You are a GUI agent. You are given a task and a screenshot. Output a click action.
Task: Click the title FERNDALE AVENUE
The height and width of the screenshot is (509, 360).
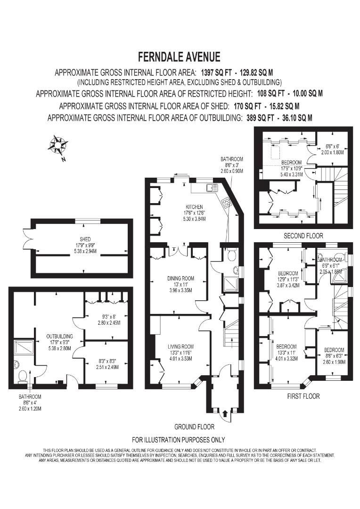179,57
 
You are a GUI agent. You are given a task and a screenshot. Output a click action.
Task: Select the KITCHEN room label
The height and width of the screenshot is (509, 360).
194,207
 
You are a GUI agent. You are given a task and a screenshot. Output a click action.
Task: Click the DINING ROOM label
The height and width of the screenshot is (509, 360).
180,278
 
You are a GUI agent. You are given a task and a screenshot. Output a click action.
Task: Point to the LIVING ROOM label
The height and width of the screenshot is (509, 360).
180,346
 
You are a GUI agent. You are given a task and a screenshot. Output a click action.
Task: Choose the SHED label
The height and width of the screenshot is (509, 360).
85,239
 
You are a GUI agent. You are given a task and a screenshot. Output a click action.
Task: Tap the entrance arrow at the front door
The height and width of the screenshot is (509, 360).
224,413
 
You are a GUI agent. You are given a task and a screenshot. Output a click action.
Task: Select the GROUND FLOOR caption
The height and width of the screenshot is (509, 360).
194,427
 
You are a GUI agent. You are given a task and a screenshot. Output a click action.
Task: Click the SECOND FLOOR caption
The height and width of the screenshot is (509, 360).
303,235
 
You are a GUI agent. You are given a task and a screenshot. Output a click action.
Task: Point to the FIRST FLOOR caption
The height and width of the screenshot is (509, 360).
303,396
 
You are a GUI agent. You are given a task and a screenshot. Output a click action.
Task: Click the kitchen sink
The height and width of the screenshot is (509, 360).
210,188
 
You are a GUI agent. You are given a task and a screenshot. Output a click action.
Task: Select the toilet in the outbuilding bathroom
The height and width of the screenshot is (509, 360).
22,375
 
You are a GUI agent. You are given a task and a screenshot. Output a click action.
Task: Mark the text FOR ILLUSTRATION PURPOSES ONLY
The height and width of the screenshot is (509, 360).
178,440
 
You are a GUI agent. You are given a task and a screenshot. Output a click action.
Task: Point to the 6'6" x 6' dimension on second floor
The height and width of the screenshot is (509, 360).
335,147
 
